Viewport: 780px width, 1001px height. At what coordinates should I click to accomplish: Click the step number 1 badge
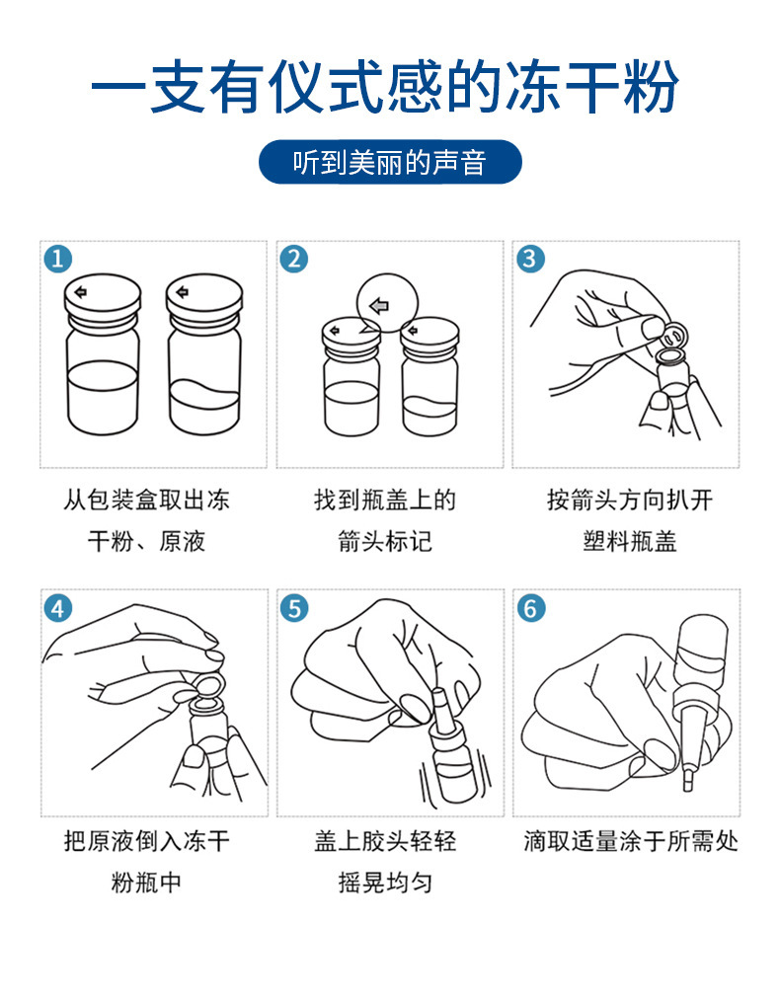pyautogui.click(x=58, y=259)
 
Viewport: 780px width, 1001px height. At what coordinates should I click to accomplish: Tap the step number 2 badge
pyautogui.click(x=294, y=259)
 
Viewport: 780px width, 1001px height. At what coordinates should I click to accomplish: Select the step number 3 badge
pyautogui.click(x=530, y=259)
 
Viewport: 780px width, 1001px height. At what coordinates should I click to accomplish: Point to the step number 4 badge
pyautogui.click(x=58, y=608)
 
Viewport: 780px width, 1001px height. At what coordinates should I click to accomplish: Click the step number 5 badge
pyautogui.click(x=294, y=608)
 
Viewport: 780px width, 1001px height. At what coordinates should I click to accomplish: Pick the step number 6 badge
pyautogui.click(x=531, y=608)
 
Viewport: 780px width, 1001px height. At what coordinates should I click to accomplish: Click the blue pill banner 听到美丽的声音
pyautogui.click(x=390, y=162)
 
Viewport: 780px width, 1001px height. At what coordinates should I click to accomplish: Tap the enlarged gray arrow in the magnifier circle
pyautogui.click(x=380, y=306)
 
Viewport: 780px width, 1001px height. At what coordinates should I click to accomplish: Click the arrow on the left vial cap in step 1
pyautogui.click(x=81, y=292)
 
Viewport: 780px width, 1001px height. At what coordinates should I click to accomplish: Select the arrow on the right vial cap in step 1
pyautogui.click(x=183, y=292)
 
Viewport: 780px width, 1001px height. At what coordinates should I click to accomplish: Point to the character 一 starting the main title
pyautogui.click(x=119, y=87)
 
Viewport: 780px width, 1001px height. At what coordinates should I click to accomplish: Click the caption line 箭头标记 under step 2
pyautogui.click(x=385, y=541)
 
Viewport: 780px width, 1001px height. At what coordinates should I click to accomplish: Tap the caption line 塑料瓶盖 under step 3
pyautogui.click(x=629, y=541)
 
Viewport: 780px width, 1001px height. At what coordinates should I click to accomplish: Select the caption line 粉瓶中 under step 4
pyautogui.click(x=146, y=883)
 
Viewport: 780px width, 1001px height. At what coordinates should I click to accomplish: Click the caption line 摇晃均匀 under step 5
pyautogui.click(x=385, y=883)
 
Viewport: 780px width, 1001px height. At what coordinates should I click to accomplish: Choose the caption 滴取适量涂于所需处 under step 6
pyautogui.click(x=631, y=841)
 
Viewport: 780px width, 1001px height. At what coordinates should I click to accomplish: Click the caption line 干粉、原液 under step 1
pyautogui.click(x=146, y=541)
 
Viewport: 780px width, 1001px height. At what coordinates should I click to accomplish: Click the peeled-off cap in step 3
pyautogui.click(x=675, y=333)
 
